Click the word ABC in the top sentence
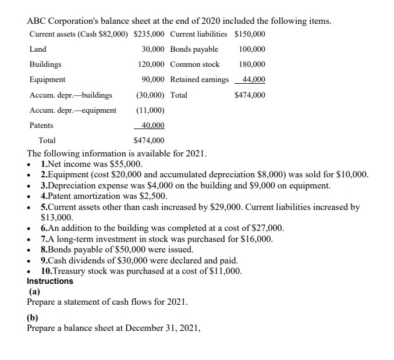(x=38, y=21)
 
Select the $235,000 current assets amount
(x=148, y=34)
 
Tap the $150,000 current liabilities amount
(x=250, y=34)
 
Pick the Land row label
(x=38, y=49)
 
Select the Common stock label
(x=194, y=65)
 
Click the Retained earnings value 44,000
(x=253, y=80)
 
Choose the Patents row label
(x=41, y=125)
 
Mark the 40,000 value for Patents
(x=152, y=125)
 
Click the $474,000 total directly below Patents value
(x=148, y=140)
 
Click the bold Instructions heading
(x=50, y=281)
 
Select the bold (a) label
(x=35, y=292)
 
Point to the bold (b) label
(x=35, y=318)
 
